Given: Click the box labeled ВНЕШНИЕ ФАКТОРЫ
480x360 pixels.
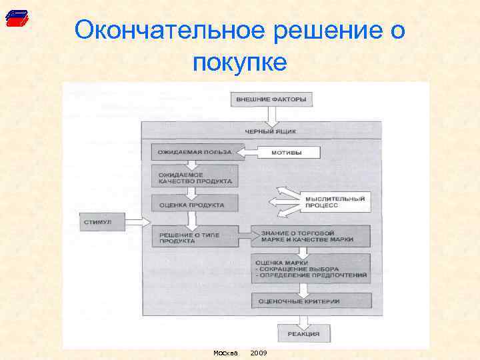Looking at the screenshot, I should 271,100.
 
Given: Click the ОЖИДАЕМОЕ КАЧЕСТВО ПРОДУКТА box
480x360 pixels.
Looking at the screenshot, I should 194,177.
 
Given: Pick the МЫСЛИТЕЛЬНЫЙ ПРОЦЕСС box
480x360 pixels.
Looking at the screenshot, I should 335,202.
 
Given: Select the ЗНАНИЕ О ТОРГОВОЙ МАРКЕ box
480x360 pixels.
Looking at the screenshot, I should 311,236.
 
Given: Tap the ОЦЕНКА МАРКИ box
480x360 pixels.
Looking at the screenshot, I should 311,268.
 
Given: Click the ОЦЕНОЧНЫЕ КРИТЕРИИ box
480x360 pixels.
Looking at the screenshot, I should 311,301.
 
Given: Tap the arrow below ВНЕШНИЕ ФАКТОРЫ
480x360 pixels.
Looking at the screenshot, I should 271,116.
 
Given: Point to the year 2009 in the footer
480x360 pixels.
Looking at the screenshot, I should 258,352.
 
